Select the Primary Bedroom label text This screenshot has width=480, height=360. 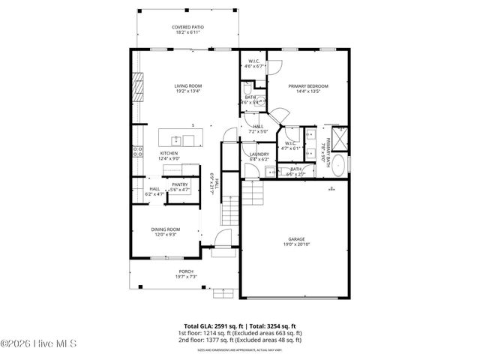pyautogui.click(x=308, y=86)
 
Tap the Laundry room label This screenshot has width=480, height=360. pyautogui.click(x=259, y=154)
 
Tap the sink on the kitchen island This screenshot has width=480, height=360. pyautogui.click(x=175, y=140)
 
